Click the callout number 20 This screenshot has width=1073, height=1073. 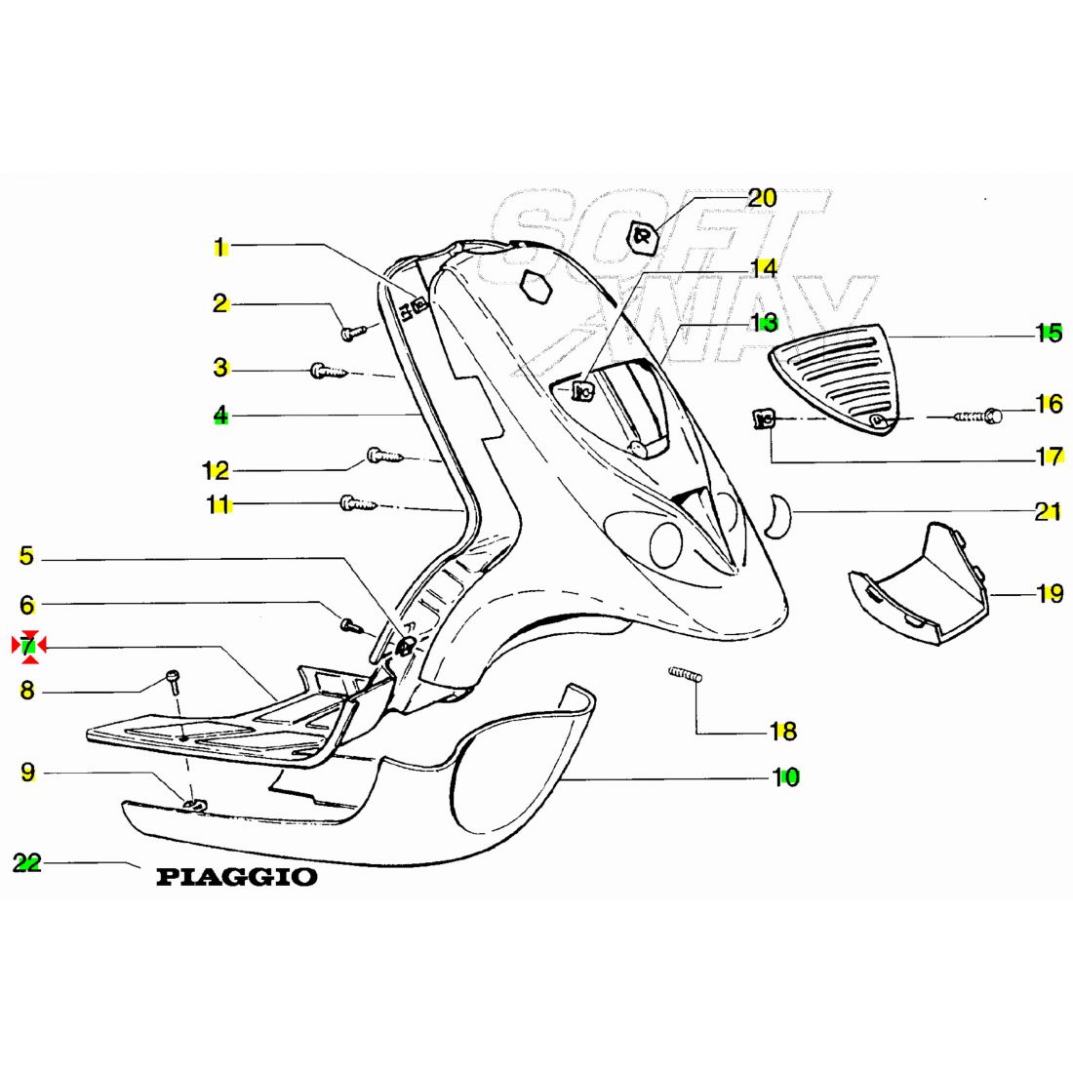point(762,199)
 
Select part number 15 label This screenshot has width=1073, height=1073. point(1049,333)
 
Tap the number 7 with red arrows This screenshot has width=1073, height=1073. point(28,645)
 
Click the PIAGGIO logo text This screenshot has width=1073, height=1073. point(237,877)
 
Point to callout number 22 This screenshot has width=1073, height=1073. point(27,863)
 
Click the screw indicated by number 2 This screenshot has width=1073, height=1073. point(353,332)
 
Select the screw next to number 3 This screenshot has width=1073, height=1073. point(326,370)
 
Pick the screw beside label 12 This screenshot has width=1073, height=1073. point(382,455)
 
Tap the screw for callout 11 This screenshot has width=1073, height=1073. point(356,503)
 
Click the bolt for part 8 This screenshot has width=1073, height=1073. point(173,678)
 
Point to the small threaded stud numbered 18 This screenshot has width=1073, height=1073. point(685,673)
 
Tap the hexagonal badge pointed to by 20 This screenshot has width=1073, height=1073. point(641,236)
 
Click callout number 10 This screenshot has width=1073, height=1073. point(785,776)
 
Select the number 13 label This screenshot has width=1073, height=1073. point(763,322)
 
